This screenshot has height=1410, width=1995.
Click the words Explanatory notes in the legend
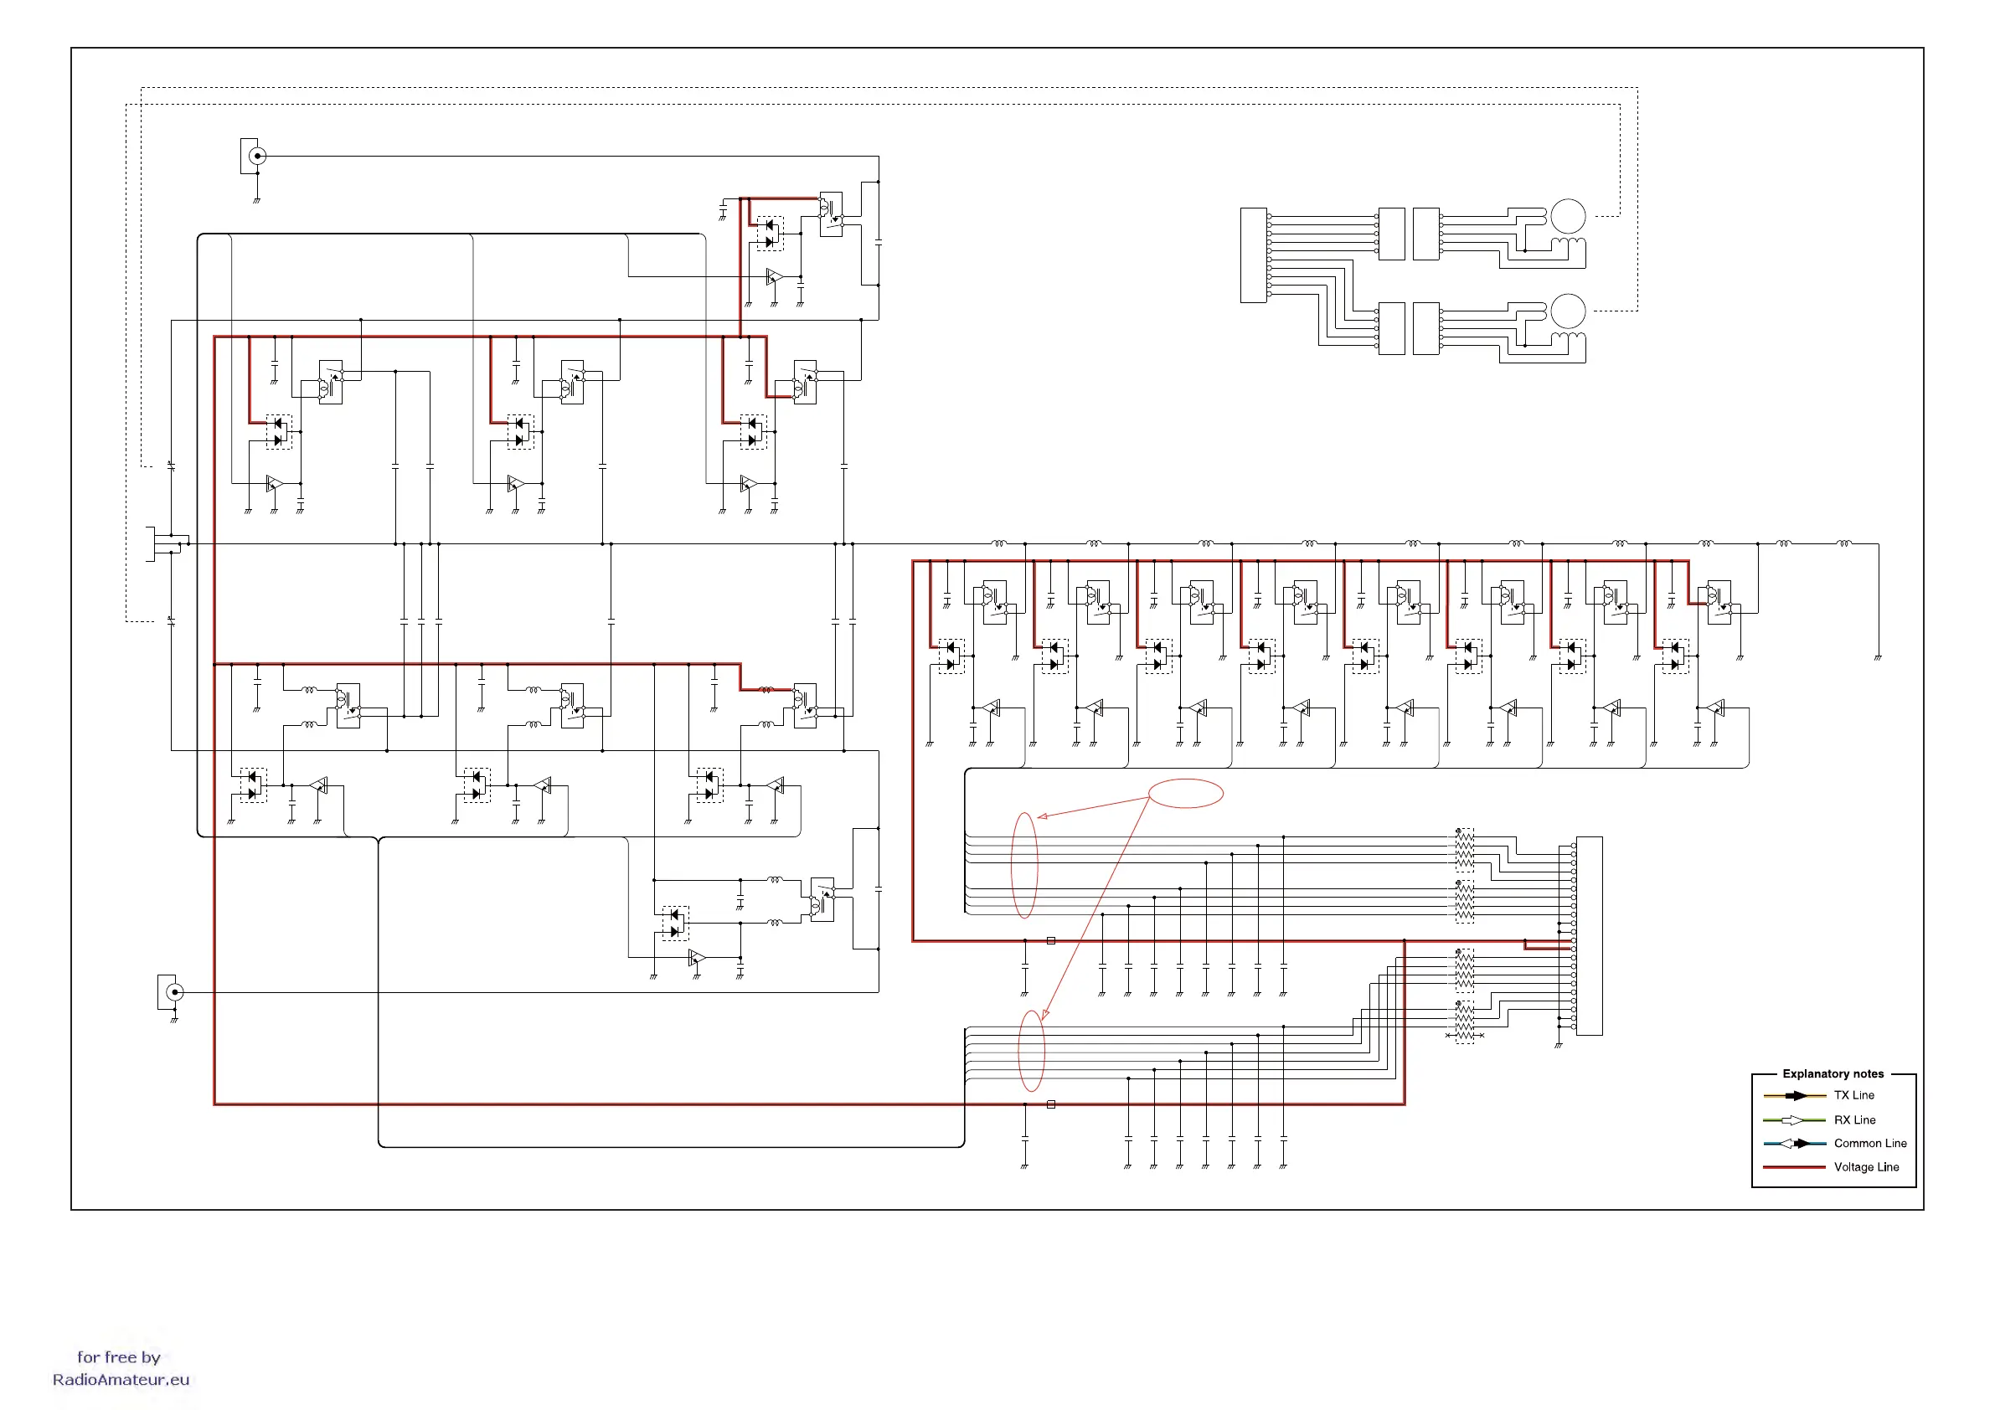pyautogui.click(x=1833, y=1073)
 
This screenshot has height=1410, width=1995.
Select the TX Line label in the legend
pyautogui.click(x=1853, y=1095)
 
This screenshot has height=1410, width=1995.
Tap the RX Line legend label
pyautogui.click(x=1854, y=1119)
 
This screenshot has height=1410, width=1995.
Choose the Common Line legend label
pyautogui.click(x=1870, y=1143)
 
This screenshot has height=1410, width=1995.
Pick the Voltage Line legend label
pyautogui.click(x=1865, y=1166)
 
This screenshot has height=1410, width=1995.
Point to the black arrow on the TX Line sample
pyautogui.click(x=1797, y=1095)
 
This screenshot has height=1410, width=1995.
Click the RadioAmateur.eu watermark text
pyautogui.click(x=121, y=1380)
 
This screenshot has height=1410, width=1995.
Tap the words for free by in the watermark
pyautogui.click(x=118, y=1357)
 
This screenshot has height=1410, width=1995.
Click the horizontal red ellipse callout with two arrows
pyautogui.click(x=1186, y=793)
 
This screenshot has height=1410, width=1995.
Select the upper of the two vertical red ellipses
pyautogui.click(x=1024, y=865)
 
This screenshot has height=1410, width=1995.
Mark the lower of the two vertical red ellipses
pyautogui.click(x=1030, y=1050)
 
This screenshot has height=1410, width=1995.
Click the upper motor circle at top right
pyautogui.click(x=1569, y=216)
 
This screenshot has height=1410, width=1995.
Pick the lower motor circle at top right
pyautogui.click(x=1569, y=310)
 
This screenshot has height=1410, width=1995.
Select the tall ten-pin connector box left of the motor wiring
pyautogui.click(x=1253, y=255)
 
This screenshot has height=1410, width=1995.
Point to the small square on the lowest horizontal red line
pyautogui.click(x=1050, y=1104)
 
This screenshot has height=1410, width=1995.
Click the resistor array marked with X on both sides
pyautogui.click(x=1464, y=1022)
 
